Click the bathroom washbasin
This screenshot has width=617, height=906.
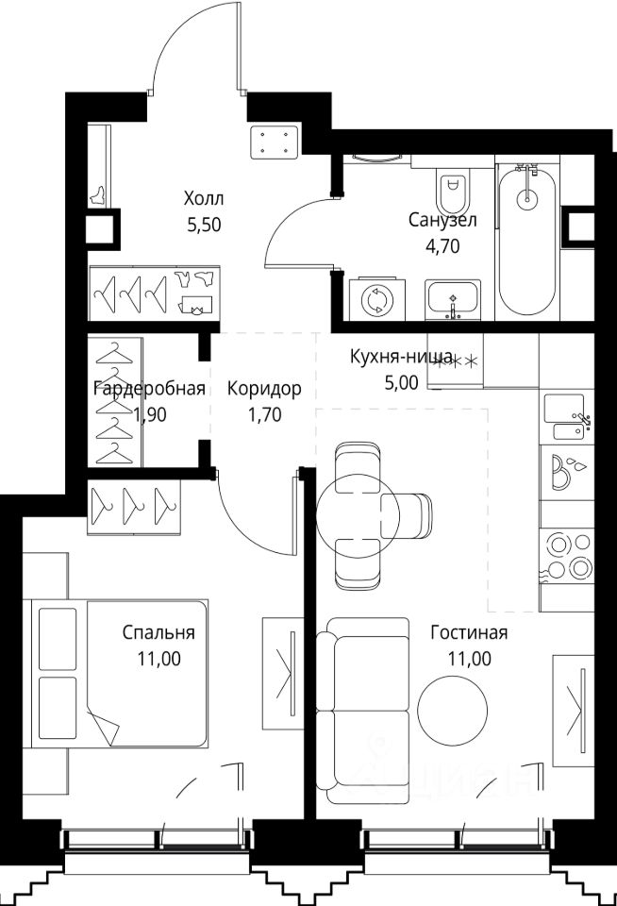453,299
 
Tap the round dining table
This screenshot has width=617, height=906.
359,516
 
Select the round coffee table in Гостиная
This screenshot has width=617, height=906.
452,710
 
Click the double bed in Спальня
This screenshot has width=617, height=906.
115,673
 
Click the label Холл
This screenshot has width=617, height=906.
204,199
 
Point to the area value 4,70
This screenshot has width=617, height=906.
442,246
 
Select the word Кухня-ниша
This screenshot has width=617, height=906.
401,357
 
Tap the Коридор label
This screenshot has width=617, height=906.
264,389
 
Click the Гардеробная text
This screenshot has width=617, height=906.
150,388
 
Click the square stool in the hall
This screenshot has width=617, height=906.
275,143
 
